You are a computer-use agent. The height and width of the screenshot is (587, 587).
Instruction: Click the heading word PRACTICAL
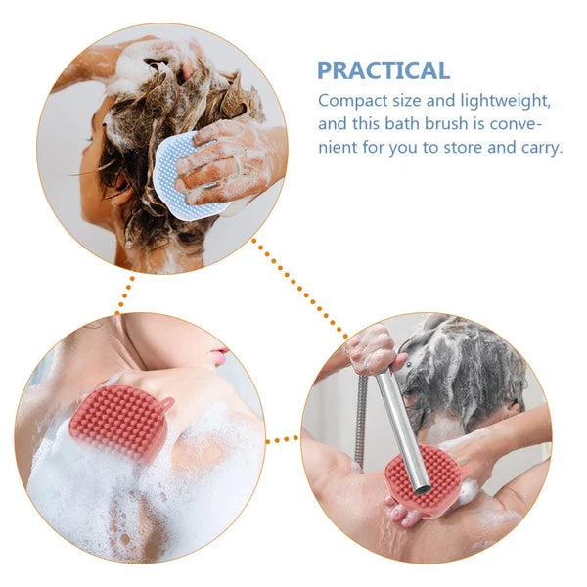pos(383,70)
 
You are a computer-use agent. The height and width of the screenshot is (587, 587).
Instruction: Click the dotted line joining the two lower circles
pos(283,439)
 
